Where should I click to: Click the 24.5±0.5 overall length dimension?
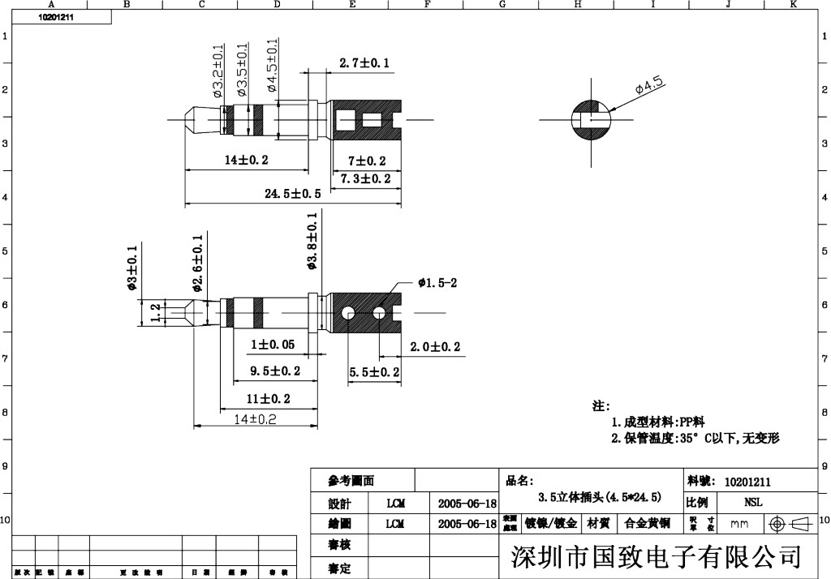click(x=293, y=194)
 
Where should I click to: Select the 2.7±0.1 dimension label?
click(x=364, y=62)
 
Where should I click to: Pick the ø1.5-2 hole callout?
click(x=438, y=283)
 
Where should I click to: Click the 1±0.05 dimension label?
click(x=272, y=345)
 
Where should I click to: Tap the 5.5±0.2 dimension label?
click(x=374, y=372)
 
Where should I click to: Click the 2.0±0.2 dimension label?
click(x=435, y=347)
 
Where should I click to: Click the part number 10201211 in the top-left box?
click(x=56, y=16)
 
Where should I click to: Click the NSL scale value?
click(x=752, y=503)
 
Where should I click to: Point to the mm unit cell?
click(x=739, y=525)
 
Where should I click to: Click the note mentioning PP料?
click(x=658, y=422)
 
